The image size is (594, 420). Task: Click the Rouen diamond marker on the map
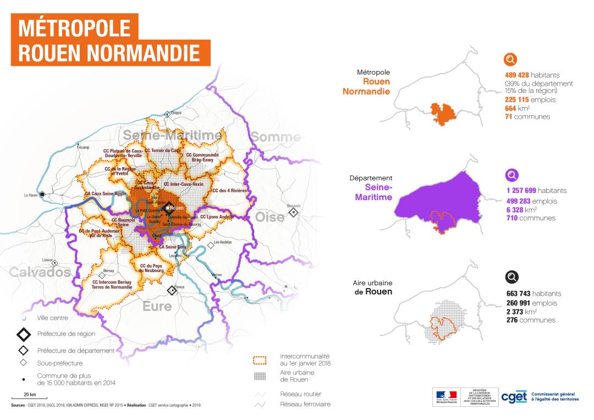(167, 208)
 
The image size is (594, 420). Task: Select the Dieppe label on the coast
(176, 113)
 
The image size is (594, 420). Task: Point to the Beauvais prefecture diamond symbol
(294, 212)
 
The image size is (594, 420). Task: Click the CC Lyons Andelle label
(217, 217)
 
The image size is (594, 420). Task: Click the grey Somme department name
(277, 137)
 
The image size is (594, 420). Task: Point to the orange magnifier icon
(511, 59)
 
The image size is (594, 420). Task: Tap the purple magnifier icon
(512, 175)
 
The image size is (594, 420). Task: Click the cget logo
(514, 397)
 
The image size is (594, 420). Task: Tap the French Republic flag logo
(447, 395)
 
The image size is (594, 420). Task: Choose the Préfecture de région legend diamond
(23, 334)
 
